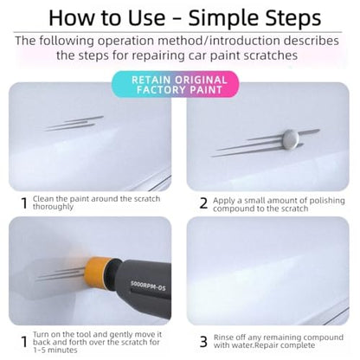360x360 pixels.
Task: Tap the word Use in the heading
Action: click(x=147, y=17)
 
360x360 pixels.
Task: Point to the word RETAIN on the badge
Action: click(x=151, y=80)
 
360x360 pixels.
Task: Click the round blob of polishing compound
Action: click(x=290, y=139)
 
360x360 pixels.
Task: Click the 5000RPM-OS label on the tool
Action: click(x=148, y=286)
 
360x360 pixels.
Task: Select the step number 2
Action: click(x=203, y=203)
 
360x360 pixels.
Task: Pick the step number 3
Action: click(x=203, y=342)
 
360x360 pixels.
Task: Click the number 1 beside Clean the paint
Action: click(x=25, y=203)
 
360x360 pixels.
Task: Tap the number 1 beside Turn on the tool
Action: click(x=25, y=342)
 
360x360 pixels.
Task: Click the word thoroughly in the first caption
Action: click(x=53, y=207)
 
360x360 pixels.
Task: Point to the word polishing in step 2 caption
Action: click(x=325, y=201)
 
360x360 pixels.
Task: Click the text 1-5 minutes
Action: click(x=55, y=350)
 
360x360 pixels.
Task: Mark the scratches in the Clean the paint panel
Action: click(x=74, y=124)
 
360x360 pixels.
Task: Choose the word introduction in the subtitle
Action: click(x=244, y=41)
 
